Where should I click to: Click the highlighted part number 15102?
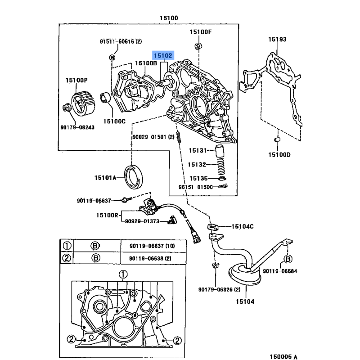pyautogui.click(x=163, y=55)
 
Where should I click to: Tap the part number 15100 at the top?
pyautogui.click(x=169, y=18)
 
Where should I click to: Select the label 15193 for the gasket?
pyautogui.click(x=278, y=40)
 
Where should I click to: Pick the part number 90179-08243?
pyautogui.click(x=77, y=128)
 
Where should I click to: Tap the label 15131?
pyautogui.click(x=197, y=150)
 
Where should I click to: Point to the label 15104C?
pyautogui.click(x=243, y=226)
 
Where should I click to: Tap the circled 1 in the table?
pyautogui.click(x=67, y=246)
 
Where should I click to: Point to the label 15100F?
pyautogui.click(x=200, y=31)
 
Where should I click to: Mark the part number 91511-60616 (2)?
pyautogui.click(x=121, y=41)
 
